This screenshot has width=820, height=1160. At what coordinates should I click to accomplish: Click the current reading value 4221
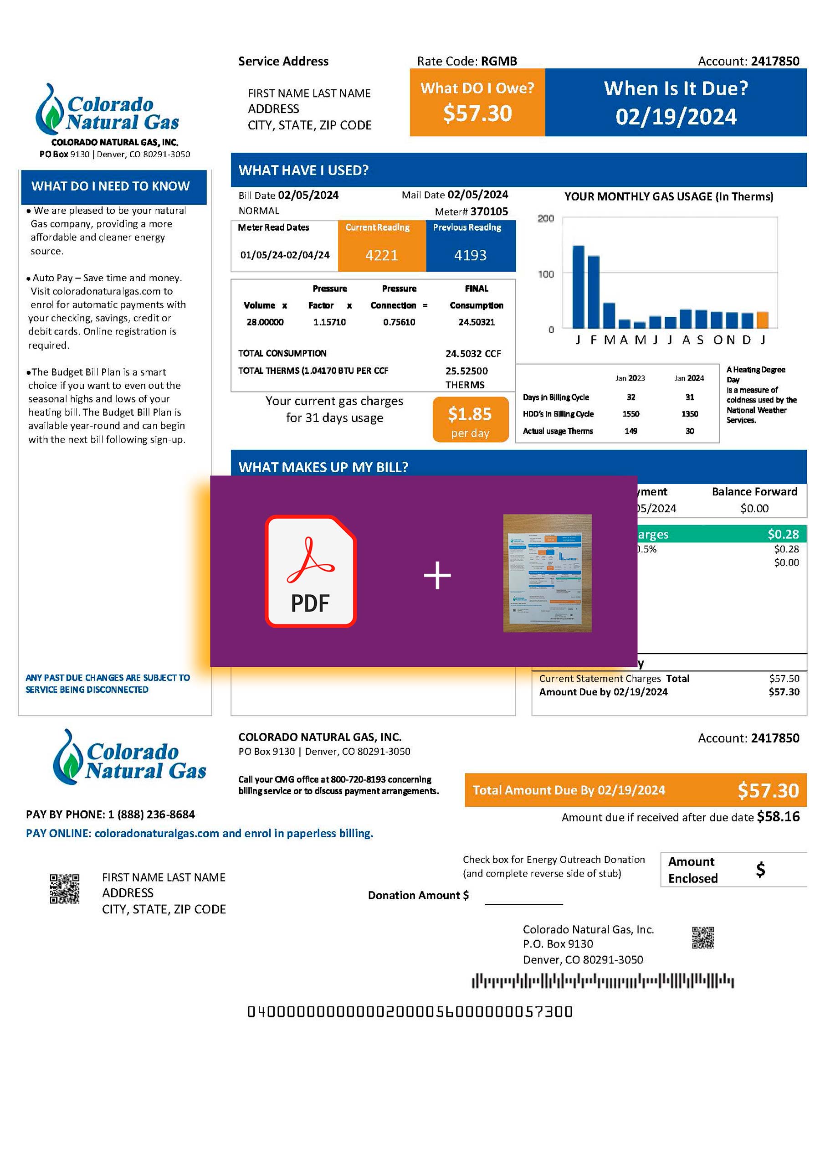click(381, 255)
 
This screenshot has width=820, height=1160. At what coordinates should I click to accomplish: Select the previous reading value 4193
click(470, 255)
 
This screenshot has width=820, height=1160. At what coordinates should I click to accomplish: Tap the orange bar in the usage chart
click(763, 320)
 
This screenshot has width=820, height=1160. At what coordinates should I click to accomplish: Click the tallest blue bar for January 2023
click(578, 287)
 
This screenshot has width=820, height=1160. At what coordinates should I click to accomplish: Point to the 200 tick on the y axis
click(546, 219)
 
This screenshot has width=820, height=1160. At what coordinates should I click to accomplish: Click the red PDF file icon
click(311, 572)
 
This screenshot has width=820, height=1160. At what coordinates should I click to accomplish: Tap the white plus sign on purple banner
click(437, 576)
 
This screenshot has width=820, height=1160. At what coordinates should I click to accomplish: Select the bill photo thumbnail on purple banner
click(547, 573)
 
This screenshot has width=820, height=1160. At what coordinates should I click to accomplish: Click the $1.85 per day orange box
click(470, 420)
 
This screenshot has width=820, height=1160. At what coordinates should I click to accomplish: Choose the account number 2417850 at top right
click(774, 61)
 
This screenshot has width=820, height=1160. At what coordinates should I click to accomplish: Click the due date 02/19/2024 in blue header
click(676, 117)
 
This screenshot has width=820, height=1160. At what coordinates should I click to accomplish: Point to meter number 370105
click(489, 211)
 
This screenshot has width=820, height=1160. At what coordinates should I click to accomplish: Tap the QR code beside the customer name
click(65, 889)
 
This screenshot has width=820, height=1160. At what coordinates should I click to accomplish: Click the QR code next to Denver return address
click(702, 937)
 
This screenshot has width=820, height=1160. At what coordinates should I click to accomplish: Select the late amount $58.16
click(778, 817)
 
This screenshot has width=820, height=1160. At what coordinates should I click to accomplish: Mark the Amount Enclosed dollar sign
click(760, 870)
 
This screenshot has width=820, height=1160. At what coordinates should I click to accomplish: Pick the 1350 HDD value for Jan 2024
click(689, 414)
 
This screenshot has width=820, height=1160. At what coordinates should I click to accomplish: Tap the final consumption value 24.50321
click(476, 322)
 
